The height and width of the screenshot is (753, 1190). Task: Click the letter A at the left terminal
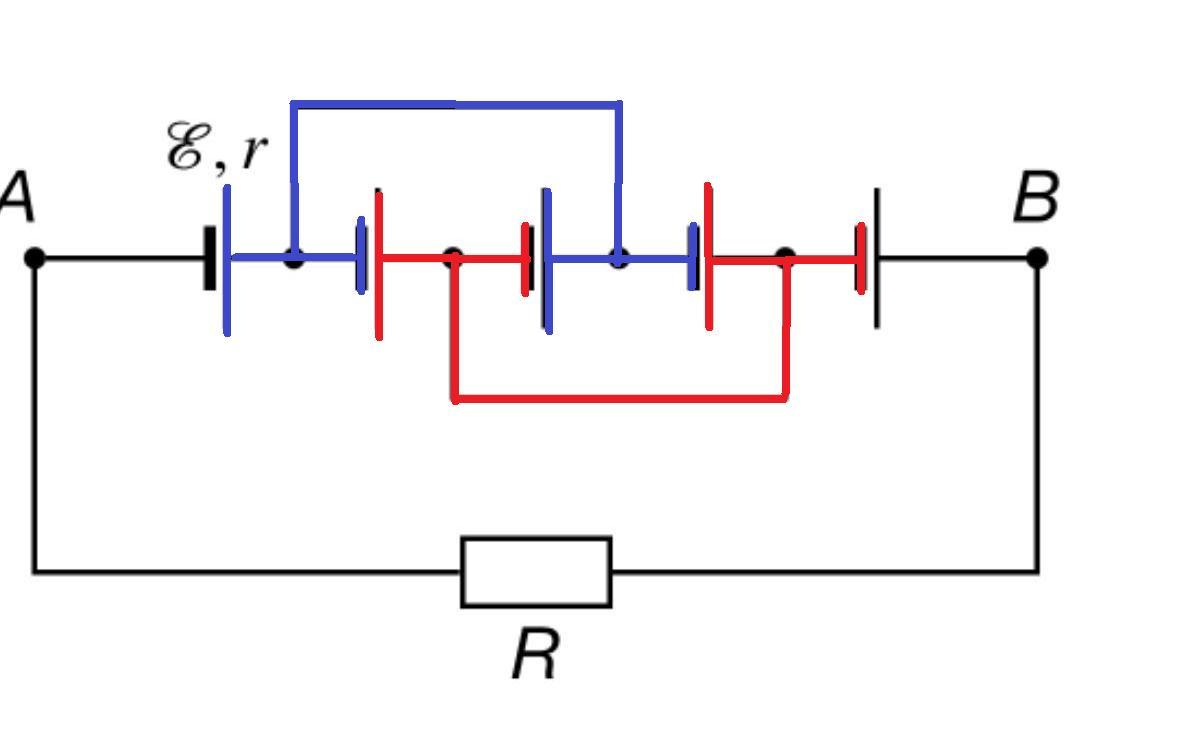(x=17, y=197)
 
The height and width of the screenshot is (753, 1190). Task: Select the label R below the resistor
(x=536, y=654)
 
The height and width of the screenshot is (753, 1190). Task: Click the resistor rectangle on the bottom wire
(x=537, y=572)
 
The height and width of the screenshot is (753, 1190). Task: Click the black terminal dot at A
(x=34, y=258)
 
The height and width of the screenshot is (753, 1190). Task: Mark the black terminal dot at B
(x=1037, y=258)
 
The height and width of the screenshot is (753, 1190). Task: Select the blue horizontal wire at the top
(x=456, y=104)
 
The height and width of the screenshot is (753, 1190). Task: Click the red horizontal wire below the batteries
(x=619, y=397)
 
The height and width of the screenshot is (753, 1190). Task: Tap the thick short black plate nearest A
(x=209, y=258)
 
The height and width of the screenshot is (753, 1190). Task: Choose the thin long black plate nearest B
(x=877, y=258)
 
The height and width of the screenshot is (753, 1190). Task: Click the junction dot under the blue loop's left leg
(x=294, y=258)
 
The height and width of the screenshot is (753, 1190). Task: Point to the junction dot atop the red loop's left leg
(x=453, y=258)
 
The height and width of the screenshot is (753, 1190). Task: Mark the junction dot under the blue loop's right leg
(x=619, y=258)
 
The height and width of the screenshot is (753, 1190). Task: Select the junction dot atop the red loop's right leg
(x=785, y=258)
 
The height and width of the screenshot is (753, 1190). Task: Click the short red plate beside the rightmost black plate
(x=861, y=258)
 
